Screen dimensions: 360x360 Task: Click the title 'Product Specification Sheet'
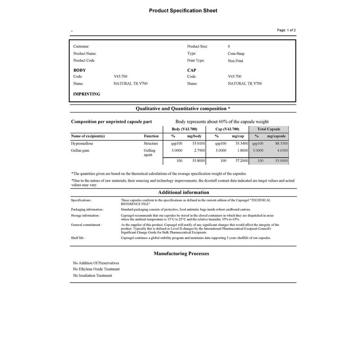183,10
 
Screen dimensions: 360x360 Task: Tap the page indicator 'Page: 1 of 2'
286,30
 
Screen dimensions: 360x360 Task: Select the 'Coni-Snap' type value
236,54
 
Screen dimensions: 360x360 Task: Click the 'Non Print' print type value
235,61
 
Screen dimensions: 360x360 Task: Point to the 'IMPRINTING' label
87,94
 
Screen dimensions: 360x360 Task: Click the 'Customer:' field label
81,46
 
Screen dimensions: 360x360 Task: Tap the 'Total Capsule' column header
269,129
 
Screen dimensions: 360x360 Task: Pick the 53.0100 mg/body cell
198,143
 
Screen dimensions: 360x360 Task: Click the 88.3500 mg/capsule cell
282,143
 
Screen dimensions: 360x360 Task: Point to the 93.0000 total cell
282,161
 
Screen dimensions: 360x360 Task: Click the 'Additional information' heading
183,193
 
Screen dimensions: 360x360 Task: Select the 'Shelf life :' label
78,238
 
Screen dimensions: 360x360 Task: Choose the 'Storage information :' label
85,215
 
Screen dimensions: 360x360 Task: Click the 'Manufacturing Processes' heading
181,254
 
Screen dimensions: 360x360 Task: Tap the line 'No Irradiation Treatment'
93,275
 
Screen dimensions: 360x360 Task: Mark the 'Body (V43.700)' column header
184,129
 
